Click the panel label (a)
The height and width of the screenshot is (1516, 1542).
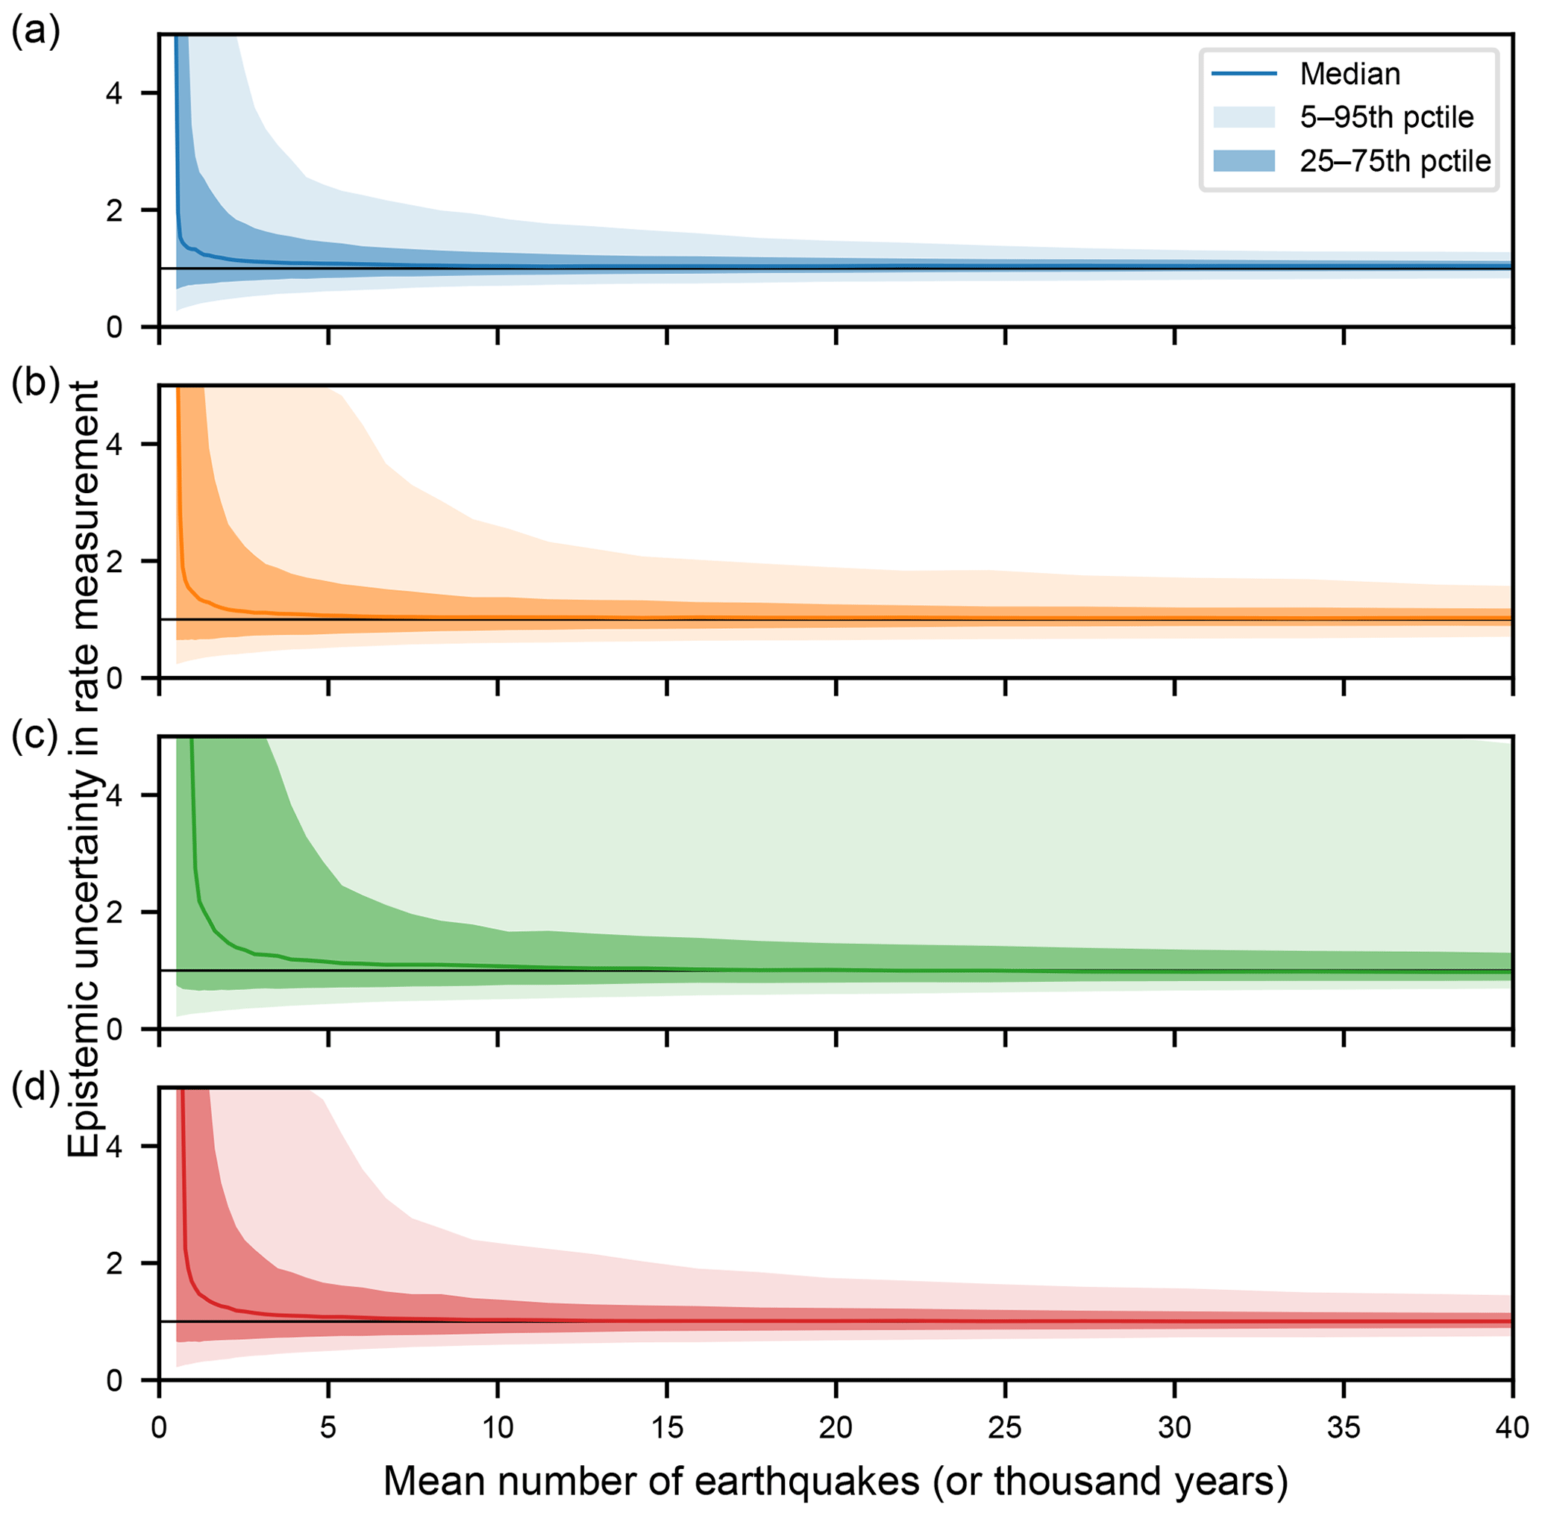tap(35, 34)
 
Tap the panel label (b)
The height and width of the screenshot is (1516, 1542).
tap(35, 384)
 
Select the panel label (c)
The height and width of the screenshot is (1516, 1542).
tap(35, 736)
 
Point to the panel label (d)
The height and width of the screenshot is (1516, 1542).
tap(35, 1088)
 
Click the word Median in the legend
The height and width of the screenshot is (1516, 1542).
tap(1350, 74)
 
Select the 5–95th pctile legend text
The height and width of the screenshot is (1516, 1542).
tap(1386, 118)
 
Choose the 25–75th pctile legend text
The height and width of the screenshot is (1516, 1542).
tap(1395, 162)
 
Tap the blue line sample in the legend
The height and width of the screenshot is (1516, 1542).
tap(1244, 74)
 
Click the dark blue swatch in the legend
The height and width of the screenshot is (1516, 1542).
tap(1244, 162)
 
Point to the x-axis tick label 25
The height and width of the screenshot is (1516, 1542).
tap(1005, 1429)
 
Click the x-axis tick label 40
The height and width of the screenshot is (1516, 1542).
tap(1511, 1429)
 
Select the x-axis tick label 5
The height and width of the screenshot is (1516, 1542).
tap(328, 1429)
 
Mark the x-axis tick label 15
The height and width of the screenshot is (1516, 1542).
tap(666, 1429)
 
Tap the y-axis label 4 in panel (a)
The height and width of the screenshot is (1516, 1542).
tap(114, 94)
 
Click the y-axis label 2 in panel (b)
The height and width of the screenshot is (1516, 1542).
tap(114, 561)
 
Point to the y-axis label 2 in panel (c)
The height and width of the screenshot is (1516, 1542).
tap(114, 912)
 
